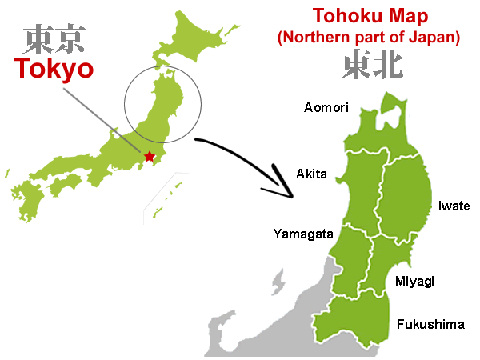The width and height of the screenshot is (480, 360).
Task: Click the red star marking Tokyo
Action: click(150, 156)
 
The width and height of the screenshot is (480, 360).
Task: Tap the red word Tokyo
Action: click(53, 69)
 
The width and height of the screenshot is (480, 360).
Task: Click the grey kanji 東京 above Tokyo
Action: click(53, 38)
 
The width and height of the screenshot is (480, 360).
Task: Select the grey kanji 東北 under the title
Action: click(370, 63)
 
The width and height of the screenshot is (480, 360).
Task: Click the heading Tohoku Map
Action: click(369, 15)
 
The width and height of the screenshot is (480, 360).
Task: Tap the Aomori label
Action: click(327, 107)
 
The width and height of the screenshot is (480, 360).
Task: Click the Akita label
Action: click(311, 174)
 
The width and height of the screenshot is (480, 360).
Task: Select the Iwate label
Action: click(454, 206)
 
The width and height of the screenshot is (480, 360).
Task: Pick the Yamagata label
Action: click(299, 234)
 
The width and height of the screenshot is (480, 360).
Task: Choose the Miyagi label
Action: click(414, 280)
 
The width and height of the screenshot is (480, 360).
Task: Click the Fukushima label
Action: click(430, 324)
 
